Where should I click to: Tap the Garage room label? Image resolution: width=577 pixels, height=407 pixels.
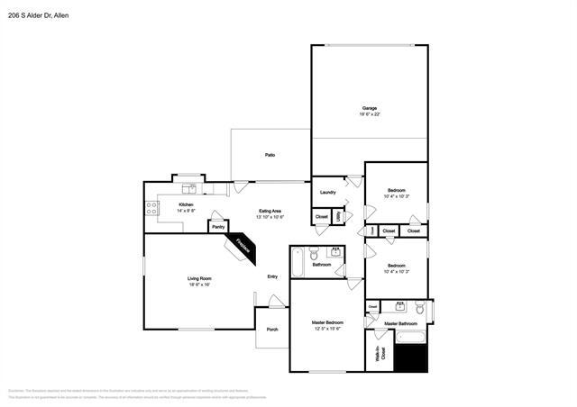pos(370,108)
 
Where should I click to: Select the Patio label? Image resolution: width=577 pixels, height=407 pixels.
pos(270,155)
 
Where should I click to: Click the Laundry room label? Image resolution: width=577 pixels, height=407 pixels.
pos(328,192)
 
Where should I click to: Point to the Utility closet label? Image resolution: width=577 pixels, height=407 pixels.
pos(338,216)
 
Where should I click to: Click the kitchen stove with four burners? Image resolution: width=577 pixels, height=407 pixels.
pos(152,209)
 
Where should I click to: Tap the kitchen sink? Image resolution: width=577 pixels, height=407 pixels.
pos(189,189)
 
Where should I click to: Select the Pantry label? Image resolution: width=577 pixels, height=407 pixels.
pos(218,227)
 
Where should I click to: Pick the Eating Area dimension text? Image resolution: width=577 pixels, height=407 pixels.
pos(270,217)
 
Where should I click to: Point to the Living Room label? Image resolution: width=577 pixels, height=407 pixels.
pos(199,278)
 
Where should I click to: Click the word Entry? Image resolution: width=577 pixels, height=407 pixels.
pos(272,276)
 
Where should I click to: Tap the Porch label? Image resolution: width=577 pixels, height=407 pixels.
pos(272,330)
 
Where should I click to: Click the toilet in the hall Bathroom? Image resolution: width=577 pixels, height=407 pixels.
pos(314,253)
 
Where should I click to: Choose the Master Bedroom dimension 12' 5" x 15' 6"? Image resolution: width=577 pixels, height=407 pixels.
pos(327,329)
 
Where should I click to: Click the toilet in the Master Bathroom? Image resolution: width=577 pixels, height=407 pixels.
pos(419,309)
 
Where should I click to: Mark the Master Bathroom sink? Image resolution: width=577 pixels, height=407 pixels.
pos(397,306)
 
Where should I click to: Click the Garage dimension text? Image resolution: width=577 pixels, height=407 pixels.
pos(370,114)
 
